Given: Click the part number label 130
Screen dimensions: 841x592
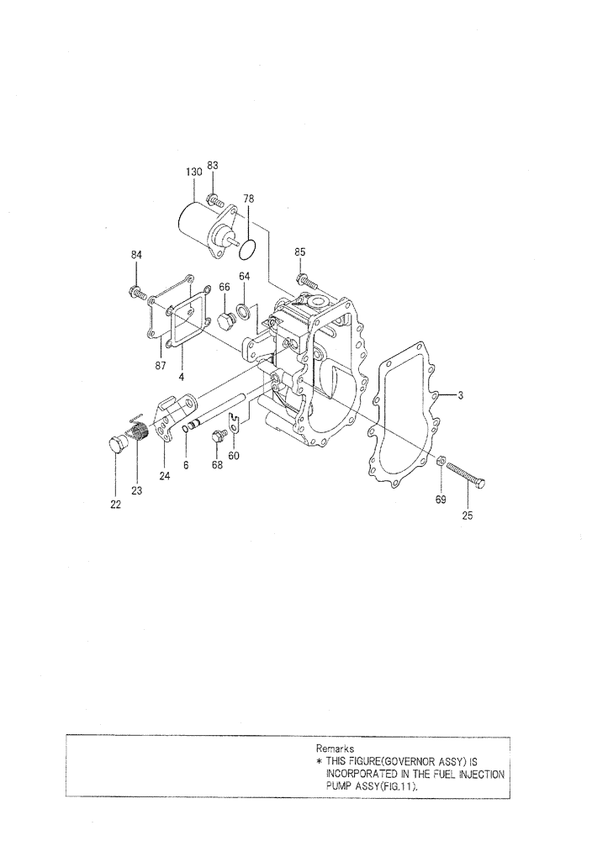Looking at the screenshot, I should pos(193,172).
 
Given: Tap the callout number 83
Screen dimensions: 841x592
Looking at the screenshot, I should pos(213,166).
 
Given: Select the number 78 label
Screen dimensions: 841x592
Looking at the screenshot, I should pos(249,198).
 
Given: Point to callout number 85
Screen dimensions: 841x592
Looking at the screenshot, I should pos(299,251).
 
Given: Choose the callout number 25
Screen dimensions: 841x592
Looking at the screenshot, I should pos(468,516).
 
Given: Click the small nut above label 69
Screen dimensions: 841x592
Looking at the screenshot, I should pos(441,459).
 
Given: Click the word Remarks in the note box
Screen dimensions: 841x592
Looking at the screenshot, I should pos(335,747).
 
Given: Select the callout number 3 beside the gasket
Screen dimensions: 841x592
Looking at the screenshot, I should pos(461,394).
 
